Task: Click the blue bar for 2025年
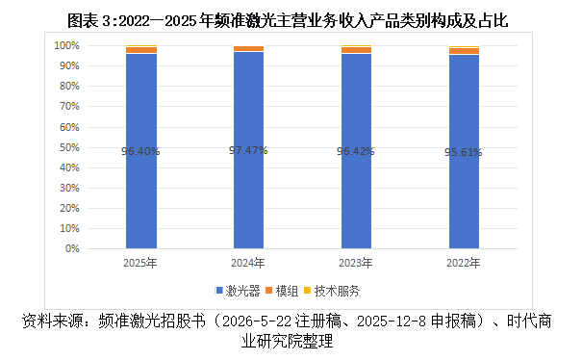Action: [x=141, y=151]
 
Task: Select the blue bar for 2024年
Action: [x=249, y=150]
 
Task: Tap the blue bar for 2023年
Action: [x=356, y=151]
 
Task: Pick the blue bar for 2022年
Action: [x=464, y=151]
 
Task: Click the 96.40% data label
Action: [x=140, y=151]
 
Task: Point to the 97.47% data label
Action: [x=248, y=150]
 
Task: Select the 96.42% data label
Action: [x=356, y=151]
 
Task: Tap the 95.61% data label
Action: [x=464, y=152]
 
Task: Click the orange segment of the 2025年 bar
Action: [x=141, y=50]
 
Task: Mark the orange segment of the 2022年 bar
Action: [x=464, y=51]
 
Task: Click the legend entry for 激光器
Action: [x=238, y=291]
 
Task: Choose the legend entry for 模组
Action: [x=282, y=291]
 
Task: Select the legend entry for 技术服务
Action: [x=332, y=291]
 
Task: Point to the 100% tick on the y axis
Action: [x=66, y=45]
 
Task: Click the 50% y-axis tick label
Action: [x=69, y=147]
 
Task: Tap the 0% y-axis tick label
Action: [x=72, y=248]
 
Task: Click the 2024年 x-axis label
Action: [x=248, y=263]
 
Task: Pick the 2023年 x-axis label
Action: [x=356, y=263]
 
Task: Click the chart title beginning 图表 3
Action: [x=288, y=20]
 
